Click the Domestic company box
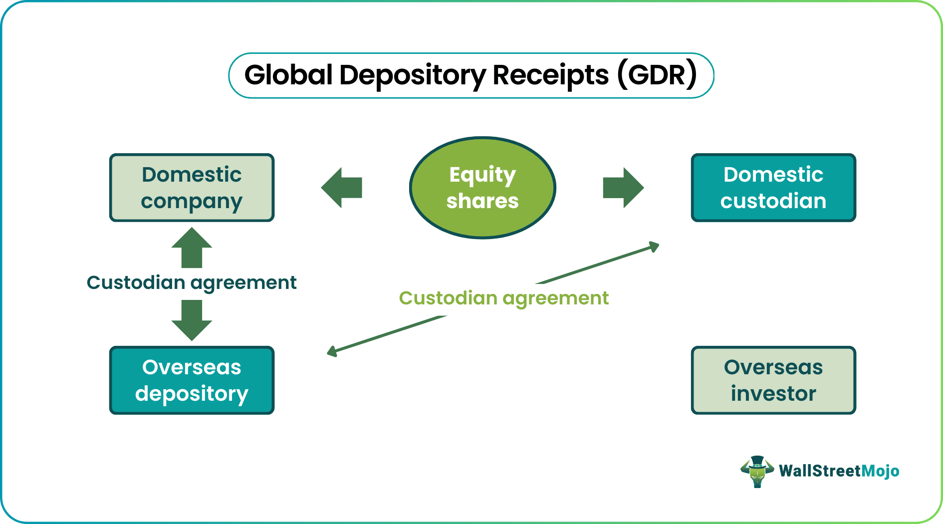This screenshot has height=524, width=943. tap(192, 188)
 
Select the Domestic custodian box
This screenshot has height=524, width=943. tap(773, 188)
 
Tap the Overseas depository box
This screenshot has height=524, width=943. tap(192, 380)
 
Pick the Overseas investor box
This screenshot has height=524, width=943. tap(773, 380)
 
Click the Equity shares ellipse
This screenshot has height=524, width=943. tap(482, 188)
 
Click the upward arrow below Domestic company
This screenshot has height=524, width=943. tap(192, 248)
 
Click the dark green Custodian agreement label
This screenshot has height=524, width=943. tap(192, 282)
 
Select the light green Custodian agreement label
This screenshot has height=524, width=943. tap(503, 298)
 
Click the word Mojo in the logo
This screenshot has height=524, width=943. tap(880, 471)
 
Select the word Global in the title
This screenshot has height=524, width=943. tap(288, 75)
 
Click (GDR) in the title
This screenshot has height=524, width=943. tap(657, 75)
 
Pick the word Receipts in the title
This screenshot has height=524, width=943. tap(550, 75)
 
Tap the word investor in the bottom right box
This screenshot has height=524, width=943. tap(773, 394)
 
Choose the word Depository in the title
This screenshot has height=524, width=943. tap(412, 75)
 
